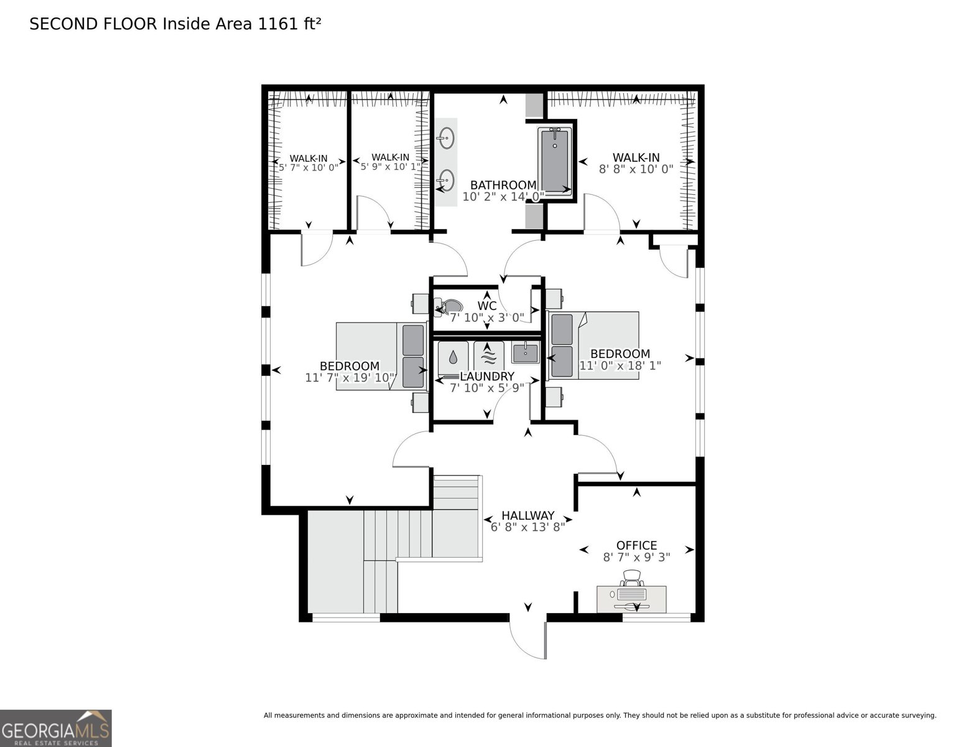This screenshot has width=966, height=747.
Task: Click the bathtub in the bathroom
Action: pyautogui.click(x=555, y=161)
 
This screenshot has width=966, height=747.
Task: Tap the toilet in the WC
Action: pyautogui.click(x=448, y=306)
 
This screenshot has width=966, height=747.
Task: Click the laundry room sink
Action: pyautogui.click(x=526, y=352)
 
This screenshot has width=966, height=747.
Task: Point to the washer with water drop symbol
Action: pyautogui.click(x=453, y=357)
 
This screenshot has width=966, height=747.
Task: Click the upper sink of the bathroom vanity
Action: pyautogui.click(x=446, y=138)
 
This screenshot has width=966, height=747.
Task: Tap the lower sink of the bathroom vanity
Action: pyautogui.click(x=446, y=181)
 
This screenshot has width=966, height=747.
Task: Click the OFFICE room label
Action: pyautogui.click(x=636, y=545)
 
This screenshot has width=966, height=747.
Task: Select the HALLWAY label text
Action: pyautogui.click(x=527, y=515)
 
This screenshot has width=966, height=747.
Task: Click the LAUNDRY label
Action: pyautogui.click(x=487, y=377)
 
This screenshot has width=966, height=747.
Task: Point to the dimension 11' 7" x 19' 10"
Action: pyautogui.click(x=350, y=378)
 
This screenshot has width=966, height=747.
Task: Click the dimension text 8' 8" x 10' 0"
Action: pyautogui.click(x=636, y=169)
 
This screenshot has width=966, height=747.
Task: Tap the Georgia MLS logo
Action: pyautogui.click(x=56, y=728)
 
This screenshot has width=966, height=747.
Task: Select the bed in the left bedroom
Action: pyautogui.click(x=380, y=356)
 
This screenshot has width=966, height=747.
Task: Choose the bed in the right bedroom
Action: pyautogui.click(x=594, y=345)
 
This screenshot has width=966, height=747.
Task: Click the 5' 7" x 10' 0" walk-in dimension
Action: pyautogui.click(x=308, y=167)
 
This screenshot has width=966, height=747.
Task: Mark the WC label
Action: pyautogui.click(x=486, y=306)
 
